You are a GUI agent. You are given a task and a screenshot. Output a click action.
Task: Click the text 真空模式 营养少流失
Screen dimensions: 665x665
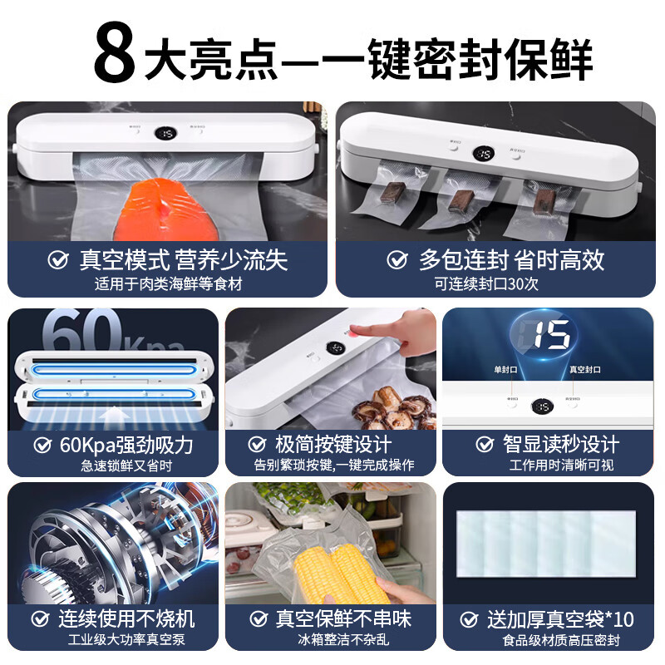coord(183,260)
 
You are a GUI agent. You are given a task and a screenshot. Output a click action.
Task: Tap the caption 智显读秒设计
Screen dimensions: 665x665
coord(560,445)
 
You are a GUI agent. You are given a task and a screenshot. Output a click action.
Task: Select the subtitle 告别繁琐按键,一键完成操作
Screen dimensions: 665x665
coord(332,465)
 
